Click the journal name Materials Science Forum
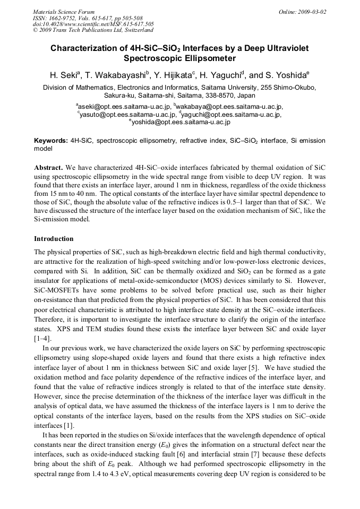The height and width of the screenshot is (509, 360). click(x=64, y=11)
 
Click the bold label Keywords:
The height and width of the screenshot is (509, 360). click(x=51, y=141)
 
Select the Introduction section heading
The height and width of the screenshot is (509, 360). click(x=54, y=239)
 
